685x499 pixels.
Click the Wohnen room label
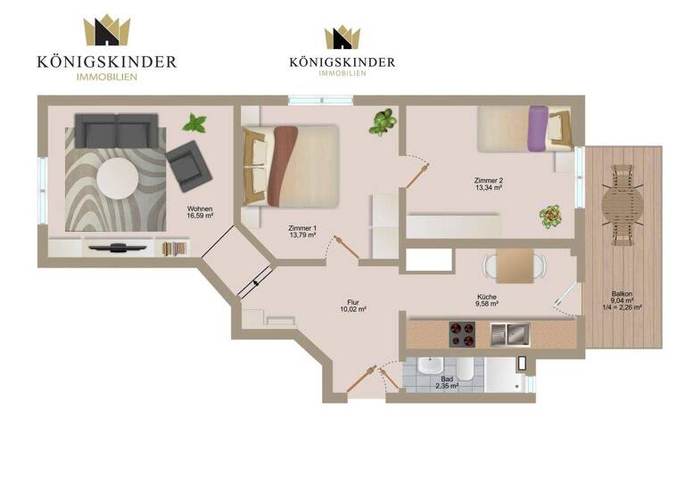(x=199, y=211)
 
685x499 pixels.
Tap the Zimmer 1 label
(x=303, y=231)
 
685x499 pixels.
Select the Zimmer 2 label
(x=488, y=184)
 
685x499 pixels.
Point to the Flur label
(x=353, y=306)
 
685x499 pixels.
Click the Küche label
(x=487, y=301)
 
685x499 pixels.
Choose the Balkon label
(x=623, y=298)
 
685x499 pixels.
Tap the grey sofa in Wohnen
(x=115, y=131)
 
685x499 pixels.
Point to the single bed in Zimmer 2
(x=522, y=128)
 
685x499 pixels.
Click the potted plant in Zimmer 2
(x=549, y=215)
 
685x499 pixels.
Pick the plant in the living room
(x=194, y=122)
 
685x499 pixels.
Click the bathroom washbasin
(x=429, y=367)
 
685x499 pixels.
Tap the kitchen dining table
(x=515, y=266)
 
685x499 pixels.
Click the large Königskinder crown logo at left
(x=106, y=31)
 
